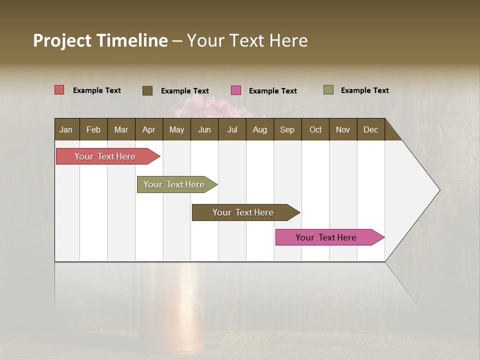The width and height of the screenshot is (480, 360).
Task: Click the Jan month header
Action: click(66, 129)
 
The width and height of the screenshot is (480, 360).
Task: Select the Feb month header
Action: click(93, 129)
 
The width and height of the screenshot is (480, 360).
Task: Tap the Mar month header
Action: click(121, 129)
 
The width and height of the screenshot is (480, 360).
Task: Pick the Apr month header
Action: click(149, 129)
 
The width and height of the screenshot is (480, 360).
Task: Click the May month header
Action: click(176, 129)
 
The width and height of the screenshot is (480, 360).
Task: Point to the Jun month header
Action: click(204, 129)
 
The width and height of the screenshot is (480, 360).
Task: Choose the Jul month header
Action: click(232, 129)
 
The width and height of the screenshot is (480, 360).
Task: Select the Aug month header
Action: click(260, 129)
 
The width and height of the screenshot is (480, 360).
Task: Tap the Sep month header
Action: click(287, 129)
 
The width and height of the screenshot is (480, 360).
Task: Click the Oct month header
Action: click(315, 129)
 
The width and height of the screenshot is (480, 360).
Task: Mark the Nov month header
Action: click(343, 129)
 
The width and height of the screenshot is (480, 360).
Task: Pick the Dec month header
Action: click(371, 129)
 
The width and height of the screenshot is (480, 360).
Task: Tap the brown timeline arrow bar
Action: click(243, 212)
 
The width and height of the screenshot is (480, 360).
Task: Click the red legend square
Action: click(59, 90)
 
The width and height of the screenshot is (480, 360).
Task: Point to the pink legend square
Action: click(236, 90)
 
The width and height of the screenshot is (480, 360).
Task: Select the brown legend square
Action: click(147, 90)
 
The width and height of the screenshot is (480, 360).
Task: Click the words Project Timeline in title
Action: click(100, 40)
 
